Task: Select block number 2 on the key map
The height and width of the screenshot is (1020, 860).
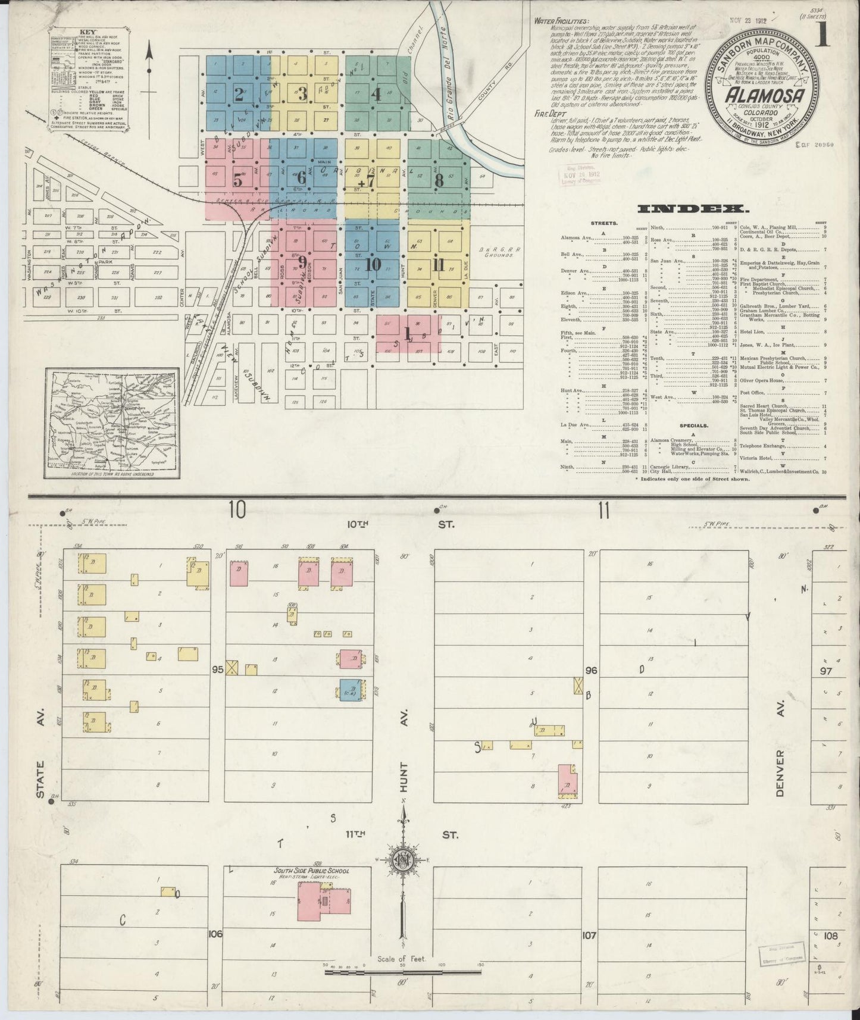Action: [239, 94]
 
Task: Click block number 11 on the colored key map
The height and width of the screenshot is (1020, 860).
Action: [439, 265]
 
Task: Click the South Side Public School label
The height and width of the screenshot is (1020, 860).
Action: [311, 871]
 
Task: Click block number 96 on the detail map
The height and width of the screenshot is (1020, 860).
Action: [591, 670]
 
